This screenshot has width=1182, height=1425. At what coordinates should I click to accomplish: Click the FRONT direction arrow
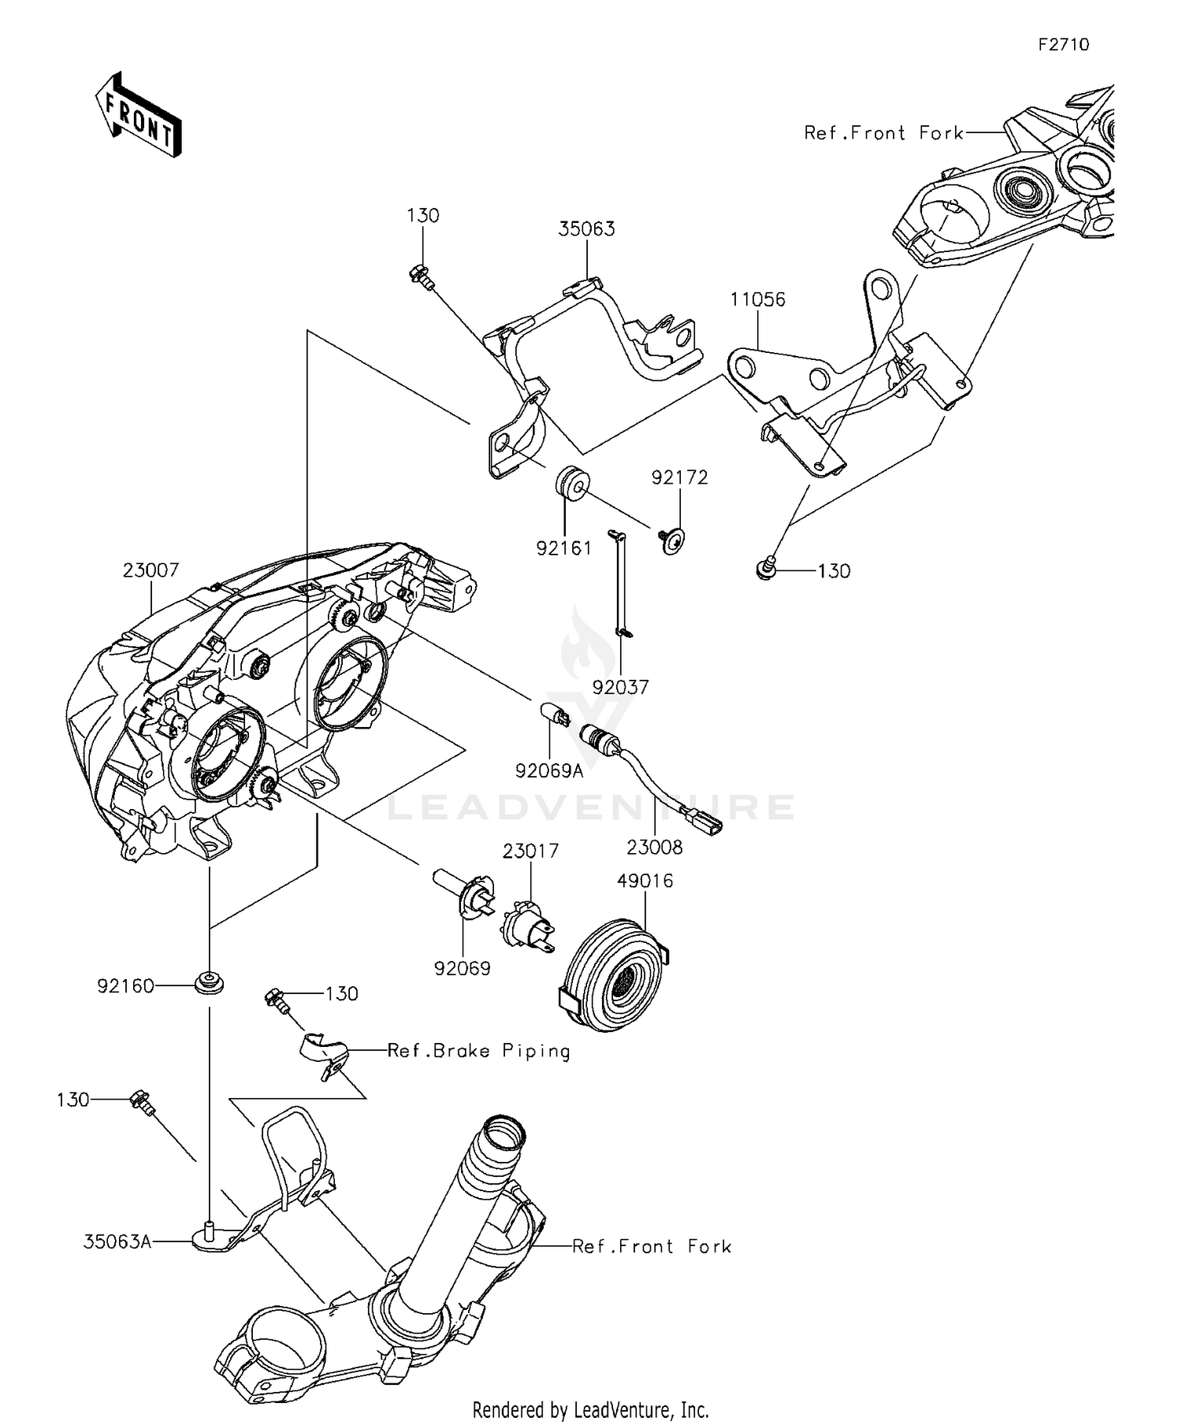pyautogui.click(x=139, y=114)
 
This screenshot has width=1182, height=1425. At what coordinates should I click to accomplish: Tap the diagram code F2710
pyautogui.click(x=1063, y=45)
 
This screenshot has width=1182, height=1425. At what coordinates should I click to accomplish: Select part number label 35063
pyautogui.click(x=586, y=229)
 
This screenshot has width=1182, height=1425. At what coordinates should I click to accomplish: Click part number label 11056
pyautogui.click(x=757, y=299)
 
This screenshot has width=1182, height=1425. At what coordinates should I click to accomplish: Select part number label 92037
pyautogui.click(x=621, y=687)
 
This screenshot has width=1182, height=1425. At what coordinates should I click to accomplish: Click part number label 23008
pyautogui.click(x=655, y=848)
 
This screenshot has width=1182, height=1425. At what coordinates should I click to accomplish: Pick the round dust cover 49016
pyautogui.click(x=615, y=975)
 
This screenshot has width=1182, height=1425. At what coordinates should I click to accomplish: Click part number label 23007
pyautogui.click(x=151, y=570)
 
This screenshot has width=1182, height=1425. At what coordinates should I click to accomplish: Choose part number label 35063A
pyautogui.click(x=117, y=1242)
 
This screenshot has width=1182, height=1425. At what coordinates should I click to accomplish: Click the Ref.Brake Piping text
pyautogui.click(x=478, y=1051)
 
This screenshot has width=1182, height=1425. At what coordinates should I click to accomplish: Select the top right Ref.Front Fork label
pyautogui.click(x=883, y=133)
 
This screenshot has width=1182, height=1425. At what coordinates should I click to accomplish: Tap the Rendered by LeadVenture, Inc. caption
pyautogui.click(x=591, y=1409)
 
